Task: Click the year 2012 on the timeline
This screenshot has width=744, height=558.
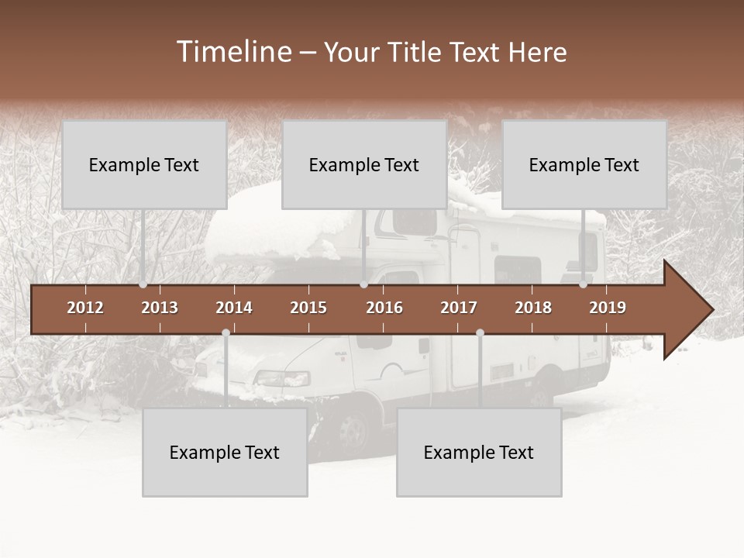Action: (x=85, y=308)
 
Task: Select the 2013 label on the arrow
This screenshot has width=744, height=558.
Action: (x=160, y=308)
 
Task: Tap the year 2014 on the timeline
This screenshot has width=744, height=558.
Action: (x=234, y=308)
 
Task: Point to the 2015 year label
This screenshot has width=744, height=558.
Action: (x=308, y=308)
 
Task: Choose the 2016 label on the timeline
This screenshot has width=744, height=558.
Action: (x=384, y=308)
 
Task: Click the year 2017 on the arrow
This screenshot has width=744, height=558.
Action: (x=459, y=308)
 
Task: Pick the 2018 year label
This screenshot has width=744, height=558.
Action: (x=533, y=308)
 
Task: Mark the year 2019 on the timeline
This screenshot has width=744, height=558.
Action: (x=608, y=308)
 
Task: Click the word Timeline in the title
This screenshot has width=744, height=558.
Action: (x=233, y=52)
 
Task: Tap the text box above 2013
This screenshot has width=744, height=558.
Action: (x=144, y=164)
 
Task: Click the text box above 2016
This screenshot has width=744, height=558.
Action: (x=364, y=164)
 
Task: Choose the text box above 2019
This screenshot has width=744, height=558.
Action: (x=584, y=164)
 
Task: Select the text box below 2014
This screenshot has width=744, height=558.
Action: (x=225, y=452)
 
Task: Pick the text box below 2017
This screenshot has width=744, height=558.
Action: (x=479, y=452)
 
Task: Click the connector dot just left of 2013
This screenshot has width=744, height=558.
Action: (x=143, y=284)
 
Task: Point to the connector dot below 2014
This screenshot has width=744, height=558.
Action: (x=226, y=332)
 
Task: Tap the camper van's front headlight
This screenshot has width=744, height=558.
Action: (x=284, y=379)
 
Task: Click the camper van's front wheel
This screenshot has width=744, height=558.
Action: (x=353, y=430)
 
